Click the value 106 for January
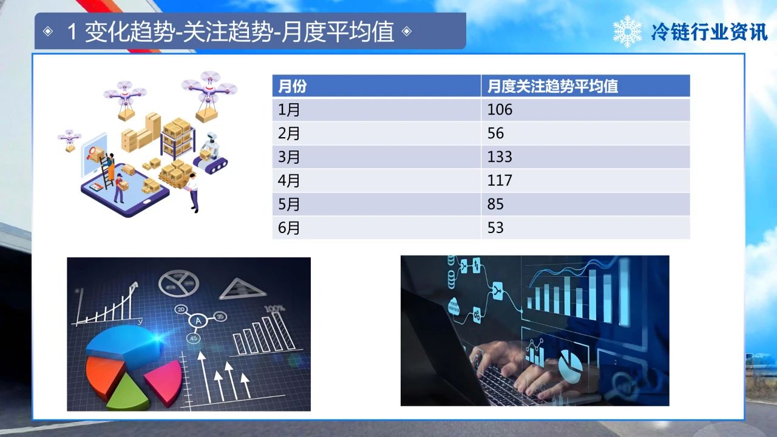coord(500,110)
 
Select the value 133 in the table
coord(500,157)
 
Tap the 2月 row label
coord(288,133)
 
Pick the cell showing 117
coord(500,180)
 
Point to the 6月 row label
coord(288,228)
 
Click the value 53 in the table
coord(495,228)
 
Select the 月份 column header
coord(292,86)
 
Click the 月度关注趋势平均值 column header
coord(552,86)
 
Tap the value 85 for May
coord(495,204)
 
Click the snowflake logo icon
coord(627,31)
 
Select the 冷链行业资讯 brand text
coord(709,32)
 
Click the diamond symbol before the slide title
coord(48,32)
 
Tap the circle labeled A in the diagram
coord(198,321)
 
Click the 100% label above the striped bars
coord(275,308)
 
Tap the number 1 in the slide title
coord(72,32)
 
